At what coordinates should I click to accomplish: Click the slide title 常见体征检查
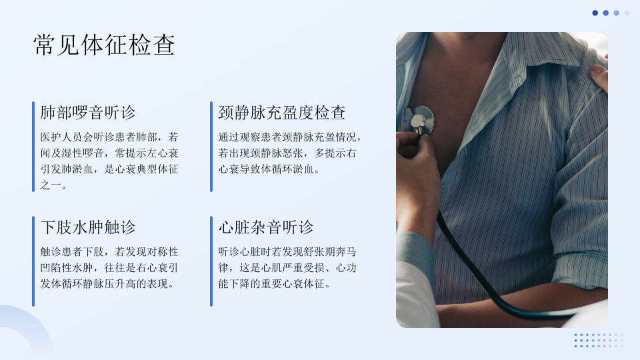click(105, 45)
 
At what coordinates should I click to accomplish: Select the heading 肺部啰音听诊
click(88, 113)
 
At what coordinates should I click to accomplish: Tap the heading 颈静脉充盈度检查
click(281, 113)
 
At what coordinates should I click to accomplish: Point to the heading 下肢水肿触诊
click(88, 227)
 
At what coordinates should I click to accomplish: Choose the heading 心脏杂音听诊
click(266, 227)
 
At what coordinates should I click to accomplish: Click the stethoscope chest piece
click(421, 119)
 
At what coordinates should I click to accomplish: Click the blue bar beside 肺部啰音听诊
click(33, 147)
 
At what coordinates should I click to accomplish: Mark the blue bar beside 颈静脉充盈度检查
click(211, 147)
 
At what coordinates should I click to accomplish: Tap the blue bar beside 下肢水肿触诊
click(33, 261)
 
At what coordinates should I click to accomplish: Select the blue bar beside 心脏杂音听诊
click(211, 261)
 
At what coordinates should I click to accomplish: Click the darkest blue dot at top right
click(595, 13)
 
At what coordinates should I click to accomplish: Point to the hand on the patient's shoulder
click(599, 77)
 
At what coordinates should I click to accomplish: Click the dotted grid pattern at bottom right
click(601, 341)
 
